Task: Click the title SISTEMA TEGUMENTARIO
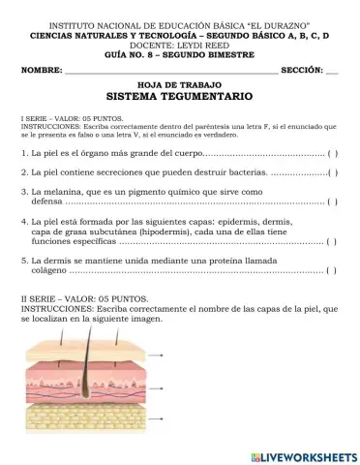click(179, 98)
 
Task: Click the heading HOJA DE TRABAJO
click(179, 85)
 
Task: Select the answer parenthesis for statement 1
click(332, 154)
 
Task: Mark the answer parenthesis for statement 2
click(332, 172)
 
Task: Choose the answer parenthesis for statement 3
click(332, 202)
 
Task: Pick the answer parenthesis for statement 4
click(332, 243)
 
